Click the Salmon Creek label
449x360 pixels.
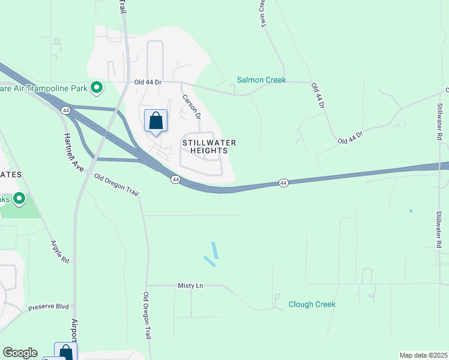(x=261, y=80)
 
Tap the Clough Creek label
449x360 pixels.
(x=312, y=304)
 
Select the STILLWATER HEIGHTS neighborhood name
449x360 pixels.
(x=209, y=146)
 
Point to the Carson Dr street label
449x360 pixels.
(x=191, y=105)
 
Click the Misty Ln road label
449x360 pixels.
(x=190, y=286)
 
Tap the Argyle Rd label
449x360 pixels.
(x=60, y=252)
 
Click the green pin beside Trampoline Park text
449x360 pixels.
(x=96, y=88)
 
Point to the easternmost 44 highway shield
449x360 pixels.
(x=283, y=182)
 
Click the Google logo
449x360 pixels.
(x=20, y=353)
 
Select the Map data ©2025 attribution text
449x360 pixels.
(x=423, y=355)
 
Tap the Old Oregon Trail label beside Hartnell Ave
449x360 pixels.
(x=116, y=182)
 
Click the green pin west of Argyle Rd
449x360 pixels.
(x=19, y=198)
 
